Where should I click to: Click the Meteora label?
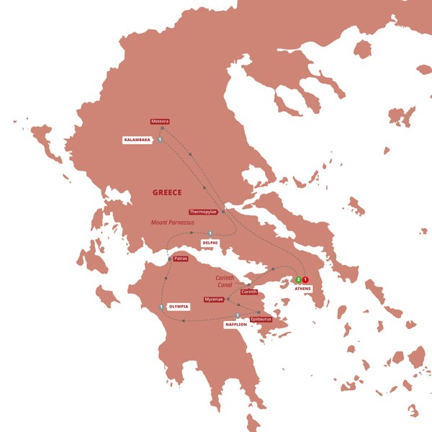[x=160, y=122]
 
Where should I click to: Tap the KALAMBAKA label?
[x=137, y=140]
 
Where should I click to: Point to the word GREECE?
[x=167, y=192]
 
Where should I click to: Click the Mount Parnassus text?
[x=174, y=222]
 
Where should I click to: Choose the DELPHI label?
[x=210, y=243]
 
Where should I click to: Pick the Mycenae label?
[x=214, y=299]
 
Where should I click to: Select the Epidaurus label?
[x=261, y=318]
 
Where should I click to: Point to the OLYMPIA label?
[x=179, y=307]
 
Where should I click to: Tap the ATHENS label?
[x=302, y=289]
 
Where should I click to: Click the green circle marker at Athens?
[x=298, y=279]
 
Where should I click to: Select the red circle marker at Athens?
[x=305, y=279]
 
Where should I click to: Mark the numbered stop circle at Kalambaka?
[x=158, y=140]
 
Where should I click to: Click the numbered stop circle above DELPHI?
[x=210, y=233]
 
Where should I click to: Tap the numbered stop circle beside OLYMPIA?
[x=161, y=307]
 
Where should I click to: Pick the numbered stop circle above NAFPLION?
[x=237, y=315]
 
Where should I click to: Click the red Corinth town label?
[x=249, y=292]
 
